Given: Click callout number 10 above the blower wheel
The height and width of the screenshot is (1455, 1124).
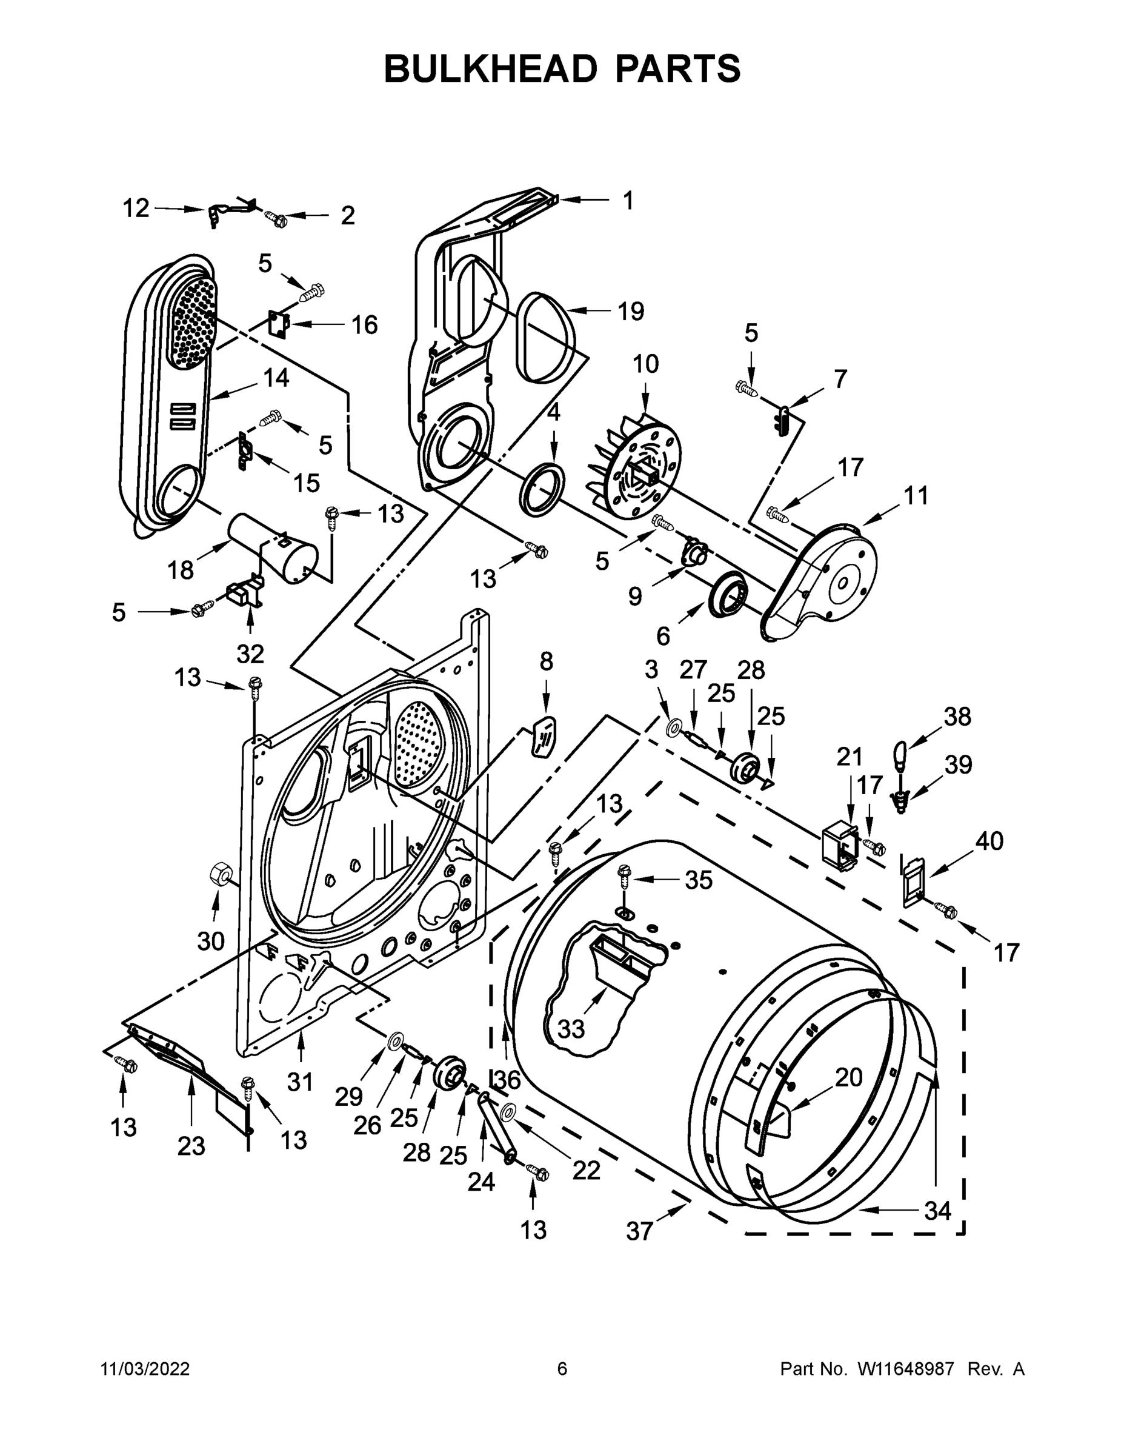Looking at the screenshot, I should [x=645, y=364].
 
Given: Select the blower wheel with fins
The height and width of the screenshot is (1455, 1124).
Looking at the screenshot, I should [x=633, y=466].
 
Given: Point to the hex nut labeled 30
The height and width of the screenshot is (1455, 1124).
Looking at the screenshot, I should [x=220, y=873].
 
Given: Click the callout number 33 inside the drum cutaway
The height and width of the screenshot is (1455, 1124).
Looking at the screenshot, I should [x=571, y=1029].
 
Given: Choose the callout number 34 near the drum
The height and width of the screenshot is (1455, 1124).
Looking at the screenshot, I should [x=937, y=1211].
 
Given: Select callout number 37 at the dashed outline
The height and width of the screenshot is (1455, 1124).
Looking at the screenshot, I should [x=639, y=1231].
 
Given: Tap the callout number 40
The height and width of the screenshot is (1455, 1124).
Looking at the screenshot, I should [x=989, y=841].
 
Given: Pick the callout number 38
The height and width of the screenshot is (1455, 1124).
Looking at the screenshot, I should [x=957, y=716].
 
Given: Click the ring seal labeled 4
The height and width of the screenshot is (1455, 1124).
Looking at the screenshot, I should [x=543, y=490].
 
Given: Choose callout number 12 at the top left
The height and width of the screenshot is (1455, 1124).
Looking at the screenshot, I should [x=136, y=209].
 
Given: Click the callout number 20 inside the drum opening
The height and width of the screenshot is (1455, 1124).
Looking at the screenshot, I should [x=848, y=1077].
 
